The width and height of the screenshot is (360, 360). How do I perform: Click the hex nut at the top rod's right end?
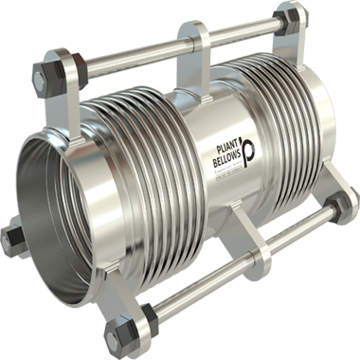pos(281,21)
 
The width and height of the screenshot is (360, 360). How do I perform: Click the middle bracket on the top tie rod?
pos(202,43)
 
